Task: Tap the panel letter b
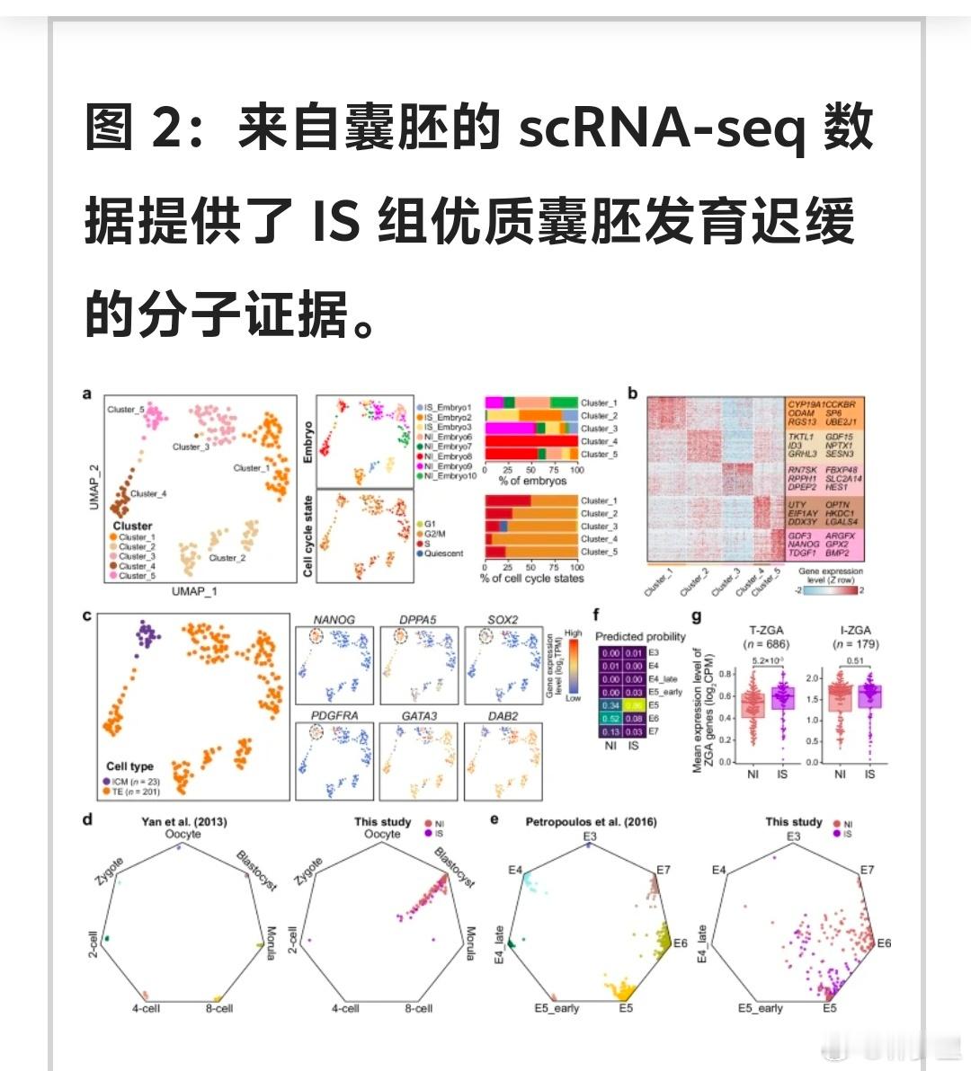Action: pyautogui.click(x=633, y=394)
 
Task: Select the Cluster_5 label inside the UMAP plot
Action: pyautogui.click(x=126, y=410)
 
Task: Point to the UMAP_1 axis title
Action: pyautogui.click(x=194, y=591)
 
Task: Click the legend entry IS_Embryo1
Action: pyautogui.click(x=446, y=408)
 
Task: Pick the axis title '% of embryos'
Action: pyautogui.click(x=533, y=481)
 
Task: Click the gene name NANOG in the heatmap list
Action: pyautogui.click(x=804, y=544)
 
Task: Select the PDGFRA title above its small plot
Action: pyautogui.click(x=334, y=715)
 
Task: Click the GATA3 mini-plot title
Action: pyautogui.click(x=419, y=715)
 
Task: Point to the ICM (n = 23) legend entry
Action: pyautogui.click(x=135, y=782)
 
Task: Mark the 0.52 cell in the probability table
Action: pyautogui.click(x=611, y=718)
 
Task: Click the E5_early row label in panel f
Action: pyautogui.click(x=666, y=692)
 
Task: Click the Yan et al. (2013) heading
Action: pyautogui.click(x=184, y=820)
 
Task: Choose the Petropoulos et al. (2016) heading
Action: pyautogui.click(x=591, y=820)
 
